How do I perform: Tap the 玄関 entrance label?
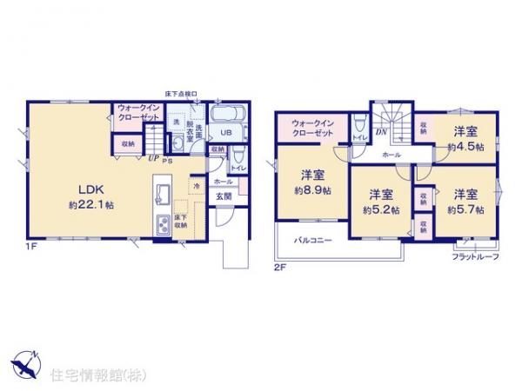(x=223, y=196)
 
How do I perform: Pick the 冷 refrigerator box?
(x=197, y=185)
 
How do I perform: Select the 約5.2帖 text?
(x=383, y=209)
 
